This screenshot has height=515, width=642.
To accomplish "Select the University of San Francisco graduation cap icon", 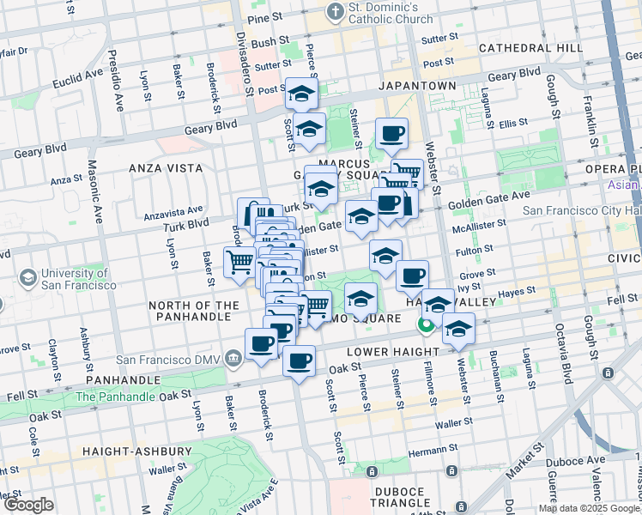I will pos(28,277).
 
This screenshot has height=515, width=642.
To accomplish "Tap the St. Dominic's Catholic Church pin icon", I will pos(333,13).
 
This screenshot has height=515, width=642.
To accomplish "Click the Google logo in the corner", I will pos(28,505).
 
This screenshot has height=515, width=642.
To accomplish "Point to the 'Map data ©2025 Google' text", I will pos(589,508).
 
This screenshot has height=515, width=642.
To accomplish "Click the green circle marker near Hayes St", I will pos(424,325).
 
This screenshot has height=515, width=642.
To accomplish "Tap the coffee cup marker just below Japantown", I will pos(391,133).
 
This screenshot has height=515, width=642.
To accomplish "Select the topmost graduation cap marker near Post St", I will pos(301,94).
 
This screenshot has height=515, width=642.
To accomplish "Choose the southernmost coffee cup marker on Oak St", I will pos(299,361).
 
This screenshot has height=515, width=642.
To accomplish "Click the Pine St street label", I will pos(264,17).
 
